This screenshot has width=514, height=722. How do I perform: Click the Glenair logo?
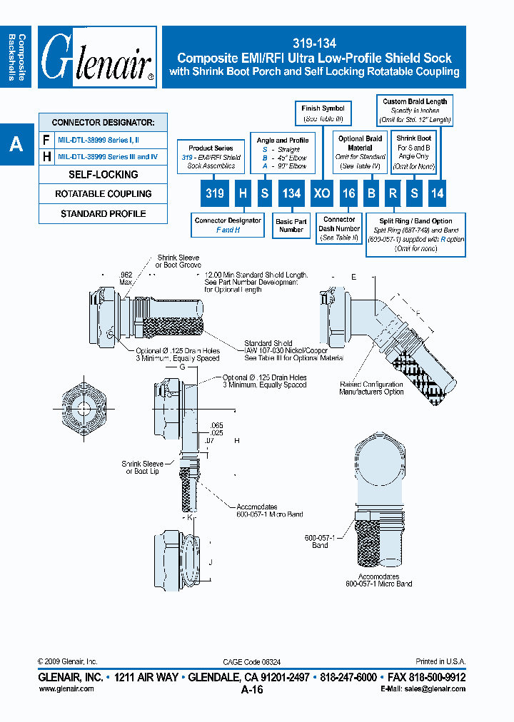coord(97,58)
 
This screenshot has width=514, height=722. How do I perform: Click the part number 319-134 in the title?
coord(314,44)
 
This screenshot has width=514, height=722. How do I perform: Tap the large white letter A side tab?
coord(16,144)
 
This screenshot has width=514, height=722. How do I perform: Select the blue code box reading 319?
coord(214,193)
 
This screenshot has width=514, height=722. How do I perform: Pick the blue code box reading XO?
coord(323,193)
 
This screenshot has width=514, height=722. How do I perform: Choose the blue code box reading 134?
coord(291,193)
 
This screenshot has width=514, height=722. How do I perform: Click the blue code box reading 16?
coord(348,193)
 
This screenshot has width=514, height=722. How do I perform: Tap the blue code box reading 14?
coord(436,193)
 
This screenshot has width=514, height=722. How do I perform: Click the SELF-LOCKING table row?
coord(103,174)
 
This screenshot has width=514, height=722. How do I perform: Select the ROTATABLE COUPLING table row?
coord(103,194)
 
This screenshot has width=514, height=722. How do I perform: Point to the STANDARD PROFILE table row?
coord(103,214)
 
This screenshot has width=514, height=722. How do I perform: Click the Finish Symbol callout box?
coord(323,113)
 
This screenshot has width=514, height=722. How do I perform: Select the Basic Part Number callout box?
coord(291,226)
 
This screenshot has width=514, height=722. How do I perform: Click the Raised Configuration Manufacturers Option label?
coord(371,388)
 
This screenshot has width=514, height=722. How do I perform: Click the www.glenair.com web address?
coord(66,689)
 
